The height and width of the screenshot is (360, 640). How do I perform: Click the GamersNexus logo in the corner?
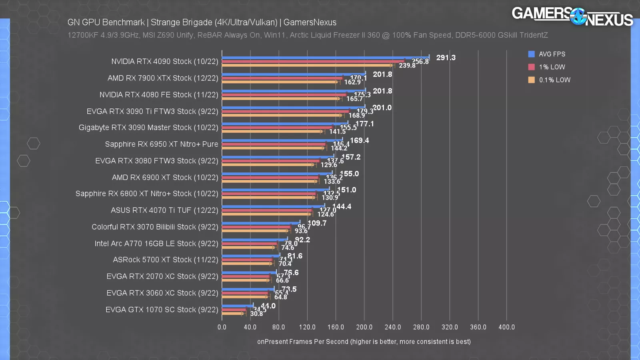click(572, 17)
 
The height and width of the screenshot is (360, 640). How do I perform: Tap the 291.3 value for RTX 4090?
click(446, 58)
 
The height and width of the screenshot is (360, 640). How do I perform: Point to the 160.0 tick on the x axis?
click(336, 327)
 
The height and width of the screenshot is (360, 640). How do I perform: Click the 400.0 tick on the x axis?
click(506, 327)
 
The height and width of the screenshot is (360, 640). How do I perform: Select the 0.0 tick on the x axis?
click(222, 327)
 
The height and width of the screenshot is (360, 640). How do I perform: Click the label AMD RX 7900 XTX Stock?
click(163, 78)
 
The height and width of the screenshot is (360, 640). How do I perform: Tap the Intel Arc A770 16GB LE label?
click(156, 243)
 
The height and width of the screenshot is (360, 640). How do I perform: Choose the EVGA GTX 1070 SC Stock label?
click(162, 310)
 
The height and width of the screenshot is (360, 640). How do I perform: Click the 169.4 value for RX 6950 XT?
click(359, 140)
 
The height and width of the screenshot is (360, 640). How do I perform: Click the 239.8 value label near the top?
click(407, 66)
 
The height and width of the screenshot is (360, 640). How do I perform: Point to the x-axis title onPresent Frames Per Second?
click(364, 342)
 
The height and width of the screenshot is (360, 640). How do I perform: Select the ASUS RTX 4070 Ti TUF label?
click(164, 210)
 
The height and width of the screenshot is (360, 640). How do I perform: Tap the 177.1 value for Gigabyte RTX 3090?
click(365, 124)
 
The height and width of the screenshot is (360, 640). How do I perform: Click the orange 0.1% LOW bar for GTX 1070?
click(232, 313)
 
